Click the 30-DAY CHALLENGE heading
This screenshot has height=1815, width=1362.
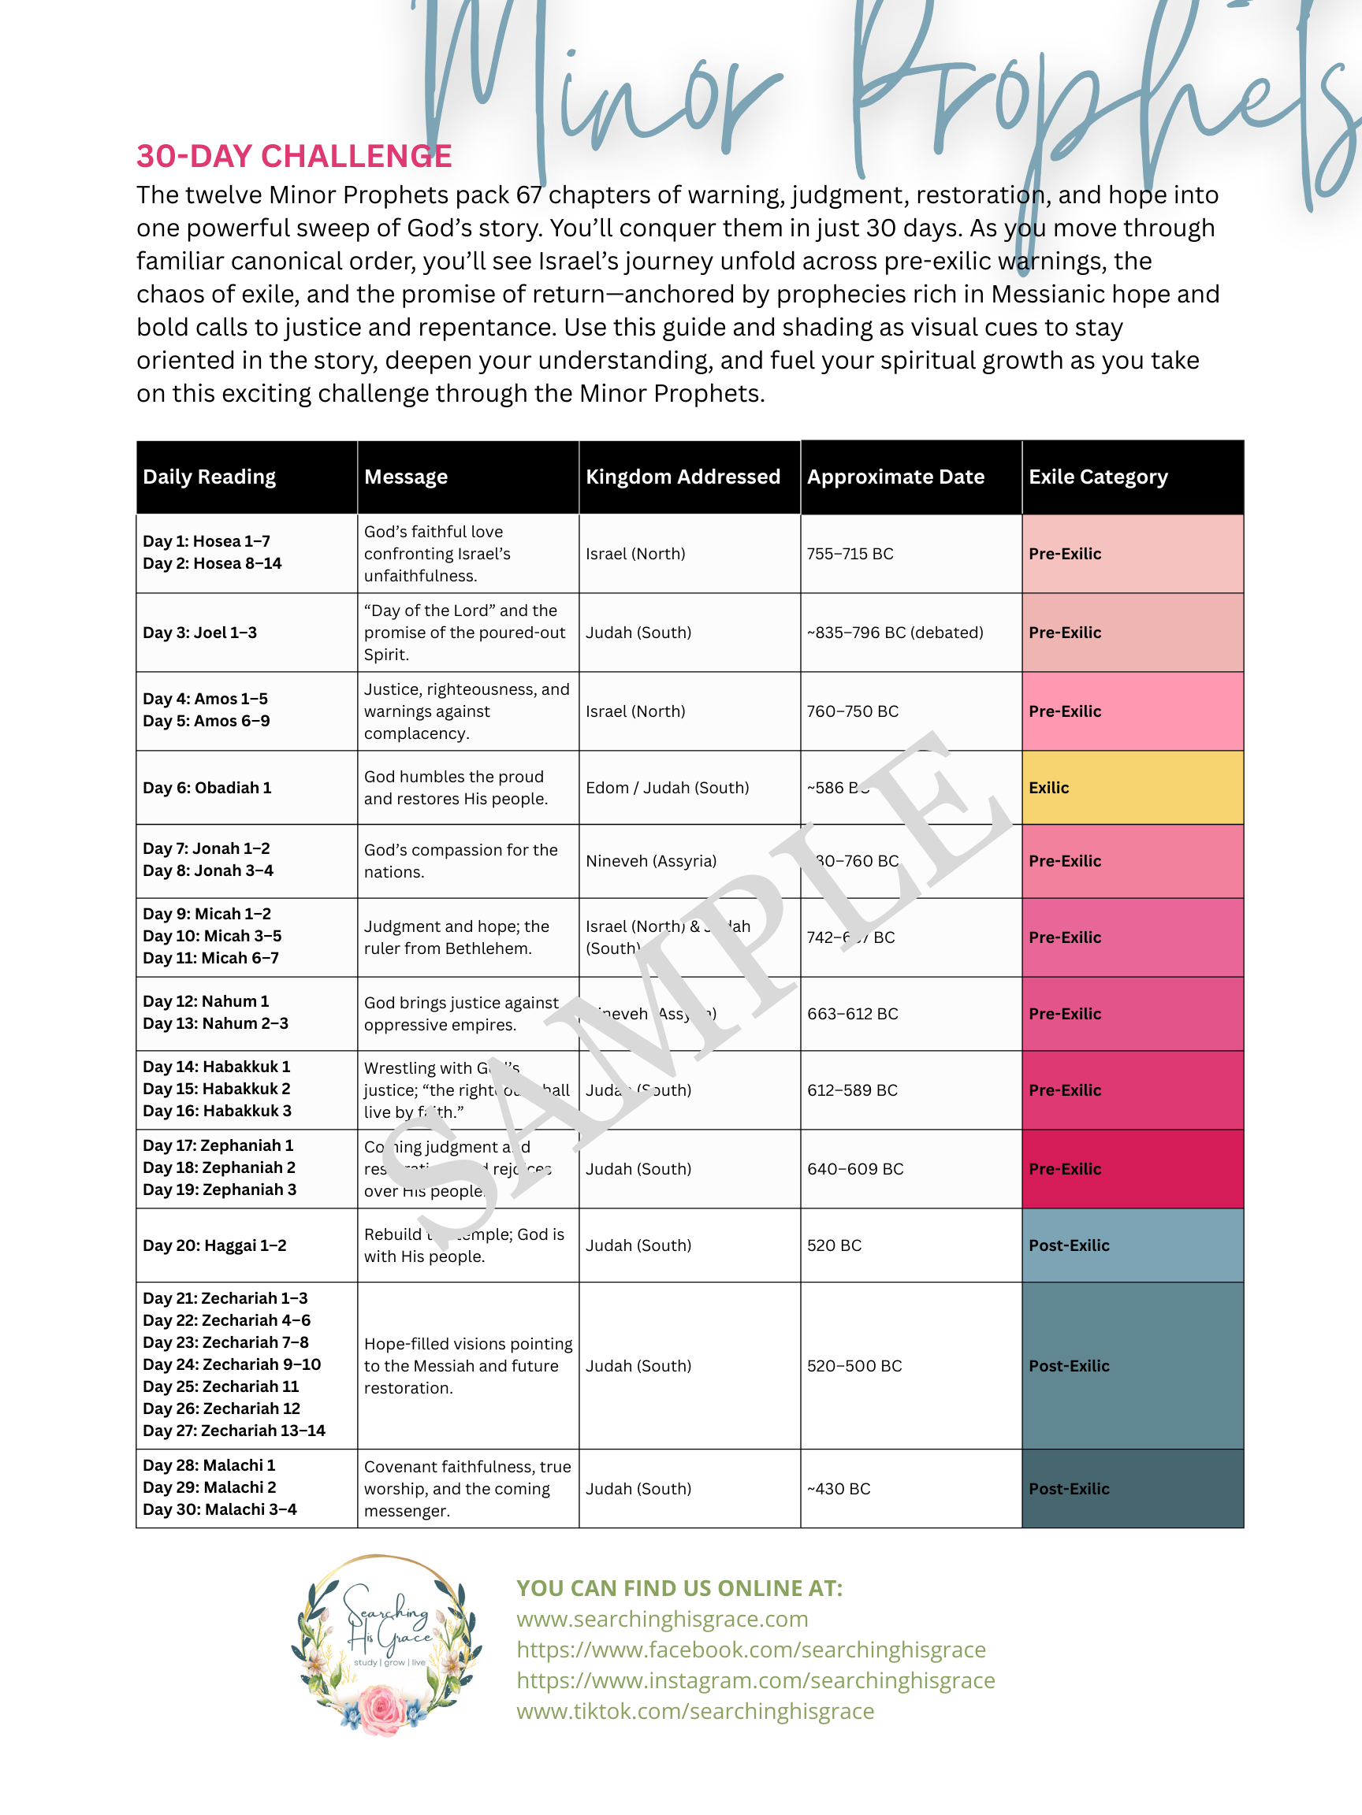coord(294,156)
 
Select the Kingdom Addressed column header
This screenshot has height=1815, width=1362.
coord(683,477)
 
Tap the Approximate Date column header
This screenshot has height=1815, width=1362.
coord(895,477)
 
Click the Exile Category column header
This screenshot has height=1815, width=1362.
coord(1098,477)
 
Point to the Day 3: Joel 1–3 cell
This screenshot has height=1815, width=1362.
coord(199,633)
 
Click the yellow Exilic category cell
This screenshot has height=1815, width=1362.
coord(1132,788)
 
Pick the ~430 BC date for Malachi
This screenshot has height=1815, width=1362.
coord(838,1488)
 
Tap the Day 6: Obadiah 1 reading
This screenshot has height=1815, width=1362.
coord(207,788)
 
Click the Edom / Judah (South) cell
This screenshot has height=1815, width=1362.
coord(667,788)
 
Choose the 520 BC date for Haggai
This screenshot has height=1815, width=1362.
coord(834,1245)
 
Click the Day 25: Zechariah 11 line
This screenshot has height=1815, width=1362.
coord(221,1386)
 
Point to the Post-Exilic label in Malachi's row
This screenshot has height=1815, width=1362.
coord(1069,1488)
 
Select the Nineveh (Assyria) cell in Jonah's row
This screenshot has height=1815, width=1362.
coord(651,861)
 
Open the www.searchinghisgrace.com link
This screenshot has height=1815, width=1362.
coord(662,1619)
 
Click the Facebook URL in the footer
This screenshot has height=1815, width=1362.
coord(750,1650)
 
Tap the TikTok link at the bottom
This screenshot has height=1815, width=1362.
coord(694,1711)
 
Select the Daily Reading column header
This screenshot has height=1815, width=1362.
coord(210,477)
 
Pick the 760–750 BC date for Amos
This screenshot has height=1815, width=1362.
coord(852,711)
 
